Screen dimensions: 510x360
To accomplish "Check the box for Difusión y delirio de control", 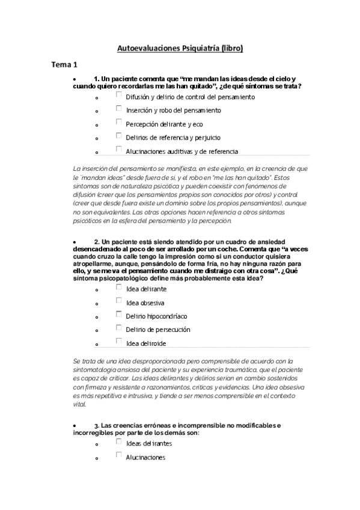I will [x=119, y=95].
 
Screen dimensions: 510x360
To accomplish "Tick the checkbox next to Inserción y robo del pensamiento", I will [x=119, y=109].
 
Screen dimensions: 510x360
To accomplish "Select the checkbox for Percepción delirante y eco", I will [x=119, y=123].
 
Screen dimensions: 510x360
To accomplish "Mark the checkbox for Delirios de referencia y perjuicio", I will [x=119, y=137].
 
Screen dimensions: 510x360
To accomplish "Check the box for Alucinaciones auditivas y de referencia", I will [x=119, y=150].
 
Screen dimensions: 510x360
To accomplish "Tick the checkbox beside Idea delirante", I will [x=119, y=287].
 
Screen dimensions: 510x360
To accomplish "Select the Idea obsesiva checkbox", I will [x=119, y=301].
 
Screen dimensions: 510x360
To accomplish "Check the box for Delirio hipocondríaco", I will [x=119, y=315].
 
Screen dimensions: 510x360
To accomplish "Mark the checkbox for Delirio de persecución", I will [x=119, y=328].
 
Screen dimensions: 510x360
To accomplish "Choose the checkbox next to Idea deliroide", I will [x=119, y=342].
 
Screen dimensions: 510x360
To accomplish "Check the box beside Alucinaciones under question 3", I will [x=119, y=456].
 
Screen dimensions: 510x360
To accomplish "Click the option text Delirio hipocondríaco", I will [x=156, y=316].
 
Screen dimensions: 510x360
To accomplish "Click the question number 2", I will [x=96, y=241].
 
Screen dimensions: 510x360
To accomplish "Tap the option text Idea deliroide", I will [x=146, y=343].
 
